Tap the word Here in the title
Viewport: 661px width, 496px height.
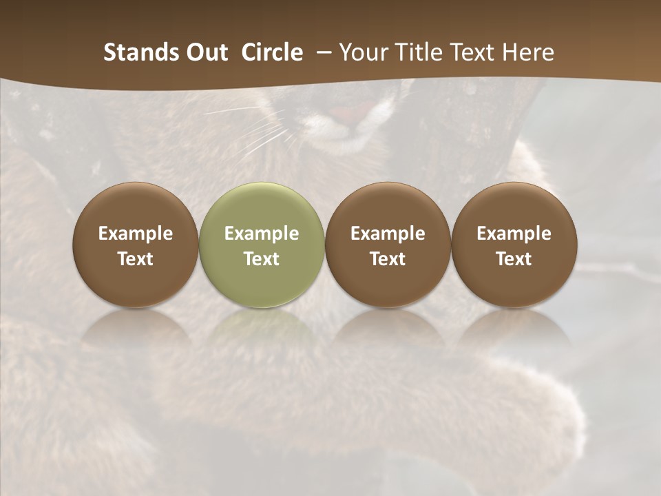[x=527, y=52]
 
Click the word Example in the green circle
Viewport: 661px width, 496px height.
[x=262, y=234]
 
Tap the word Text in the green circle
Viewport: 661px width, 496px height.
[x=262, y=259]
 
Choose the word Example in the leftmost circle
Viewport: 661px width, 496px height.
[x=136, y=234]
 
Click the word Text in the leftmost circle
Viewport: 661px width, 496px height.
[x=136, y=259]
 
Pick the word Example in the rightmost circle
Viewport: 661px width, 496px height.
[x=514, y=234]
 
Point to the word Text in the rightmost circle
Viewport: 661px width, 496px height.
[x=514, y=259]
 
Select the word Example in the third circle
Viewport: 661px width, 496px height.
[x=388, y=234]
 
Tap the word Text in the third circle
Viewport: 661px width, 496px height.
[x=388, y=259]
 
